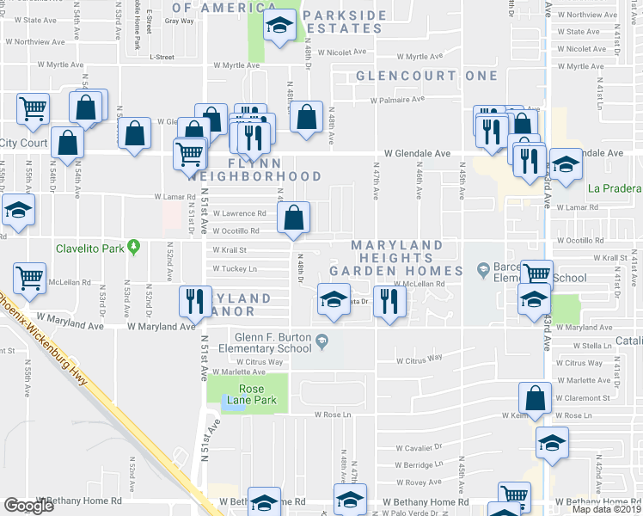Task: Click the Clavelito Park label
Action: pyautogui.click(x=89, y=249)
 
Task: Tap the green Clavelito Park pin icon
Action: pyautogui.click(x=133, y=248)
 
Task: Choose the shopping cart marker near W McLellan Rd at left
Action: pyautogui.click(x=30, y=279)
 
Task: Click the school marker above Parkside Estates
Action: pyautogui.click(x=279, y=28)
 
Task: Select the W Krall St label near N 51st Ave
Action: pyautogui.click(x=230, y=250)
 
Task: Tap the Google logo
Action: pyautogui.click(x=29, y=506)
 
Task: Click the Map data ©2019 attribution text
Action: pyautogui.click(x=607, y=509)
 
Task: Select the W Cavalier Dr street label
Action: pyautogui.click(x=419, y=447)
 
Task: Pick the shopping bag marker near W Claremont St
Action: pyautogui.click(x=535, y=399)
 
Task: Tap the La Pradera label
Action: pyautogui.click(x=615, y=188)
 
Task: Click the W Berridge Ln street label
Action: pyautogui.click(x=419, y=464)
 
